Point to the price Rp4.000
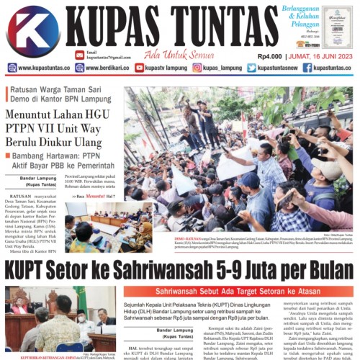pyautogui.click(x=268, y=56)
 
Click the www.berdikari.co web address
pyautogui.click(x=107, y=68)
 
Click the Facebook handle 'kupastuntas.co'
pyautogui.click(x=332, y=68)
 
